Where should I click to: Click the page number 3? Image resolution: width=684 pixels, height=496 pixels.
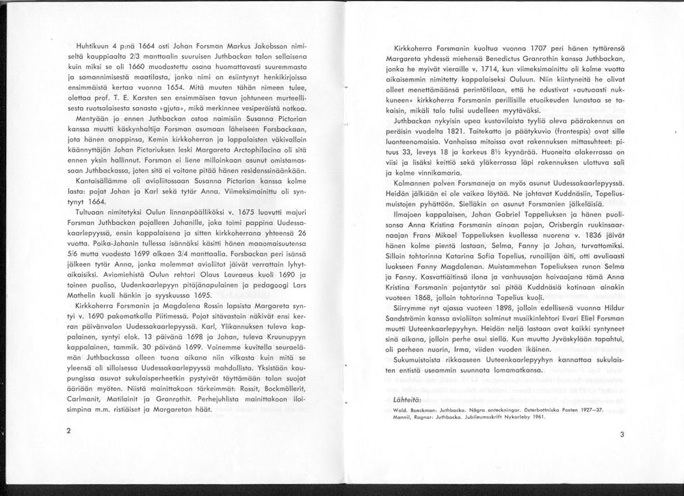click(622, 434)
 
